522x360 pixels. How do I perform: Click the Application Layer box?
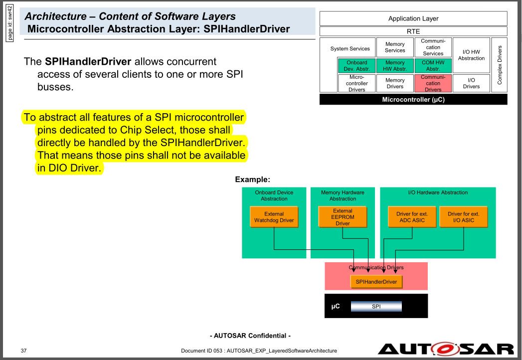pyautogui.click(x=413, y=19)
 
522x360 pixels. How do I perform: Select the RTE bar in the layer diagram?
pyautogui.click(x=413, y=31)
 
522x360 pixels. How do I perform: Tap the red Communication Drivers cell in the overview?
pyautogui.click(x=433, y=83)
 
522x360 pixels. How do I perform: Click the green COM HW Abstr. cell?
pyautogui.click(x=433, y=66)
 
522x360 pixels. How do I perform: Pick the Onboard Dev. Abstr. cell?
pyautogui.click(x=356, y=66)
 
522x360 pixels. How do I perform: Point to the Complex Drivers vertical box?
pyautogui.click(x=499, y=65)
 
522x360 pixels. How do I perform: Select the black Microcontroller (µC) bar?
pyautogui.click(x=413, y=99)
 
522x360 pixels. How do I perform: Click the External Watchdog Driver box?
pyautogui.click(x=274, y=217)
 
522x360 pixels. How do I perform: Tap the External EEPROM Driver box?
pyautogui.click(x=343, y=217)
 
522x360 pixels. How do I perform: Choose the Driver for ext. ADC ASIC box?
pyautogui.click(x=412, y=217)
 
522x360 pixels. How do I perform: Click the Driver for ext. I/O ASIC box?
pyautogui.click(x=463, y=217)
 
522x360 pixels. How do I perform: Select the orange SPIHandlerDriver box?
pyautogui.click(x=376, y=282)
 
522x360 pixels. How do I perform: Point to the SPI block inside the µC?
pyautogui.click(x=376, y=306)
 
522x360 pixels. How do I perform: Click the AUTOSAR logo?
pyautogui.click(x=445, y=349)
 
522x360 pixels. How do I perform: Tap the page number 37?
pyautogui.click(x=24, y=351)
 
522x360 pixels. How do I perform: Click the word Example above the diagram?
pyautogui.click(x=252, y=179)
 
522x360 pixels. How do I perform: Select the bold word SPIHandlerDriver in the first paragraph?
pyautogui.click(x=88, y=62)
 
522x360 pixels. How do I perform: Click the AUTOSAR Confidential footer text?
pyautogui.click(x=250, y=336)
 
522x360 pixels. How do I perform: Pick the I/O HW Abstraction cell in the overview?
pyautogui.click(x=471, y=55)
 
